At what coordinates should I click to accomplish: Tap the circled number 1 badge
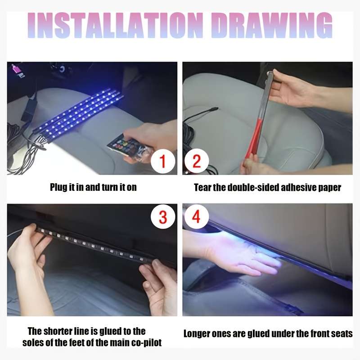pyautogui.click(x=163, y=162)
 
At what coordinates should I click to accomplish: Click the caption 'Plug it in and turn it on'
pyautogui.click(x=93, y=187)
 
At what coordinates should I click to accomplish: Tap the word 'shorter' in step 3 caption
pyautogui.click(x=60, y=331)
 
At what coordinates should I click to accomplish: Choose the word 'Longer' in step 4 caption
pyautogui.click(x=197, y=334)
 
